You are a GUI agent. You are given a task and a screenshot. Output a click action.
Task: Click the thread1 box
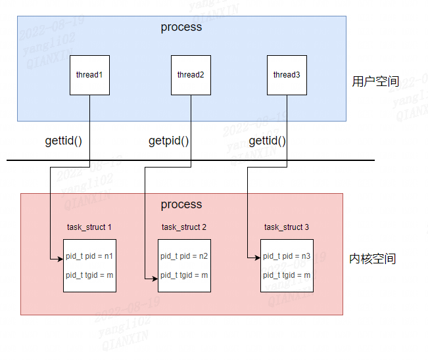[x=89, y=75]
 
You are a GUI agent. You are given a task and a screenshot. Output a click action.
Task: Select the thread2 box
[x=191, y=75]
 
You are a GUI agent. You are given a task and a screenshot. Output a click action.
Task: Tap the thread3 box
[x=287, y=75]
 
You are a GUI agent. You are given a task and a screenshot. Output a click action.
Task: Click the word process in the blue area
[x=181, y=27]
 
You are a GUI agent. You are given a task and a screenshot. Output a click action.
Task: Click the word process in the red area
[x=181, y=204]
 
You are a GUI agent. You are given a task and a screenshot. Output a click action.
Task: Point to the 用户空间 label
[x=375, y=81]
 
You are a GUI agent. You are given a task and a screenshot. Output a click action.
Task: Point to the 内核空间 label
[x=373, y=259]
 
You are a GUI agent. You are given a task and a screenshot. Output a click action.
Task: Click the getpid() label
[x=168, y=141]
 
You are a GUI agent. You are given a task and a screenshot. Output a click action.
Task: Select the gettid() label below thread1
[x=64, y=141]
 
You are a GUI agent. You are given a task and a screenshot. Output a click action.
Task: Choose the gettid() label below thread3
[x=268, y=141]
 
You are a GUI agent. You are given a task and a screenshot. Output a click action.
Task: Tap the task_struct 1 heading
[x=89, y=227]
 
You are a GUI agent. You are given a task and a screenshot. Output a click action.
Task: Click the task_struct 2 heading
[x=184, y=227]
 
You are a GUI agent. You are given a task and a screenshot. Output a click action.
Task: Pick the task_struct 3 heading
[x=287, y=227]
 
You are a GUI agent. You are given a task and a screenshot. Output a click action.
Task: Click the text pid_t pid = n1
[x=89, y=256]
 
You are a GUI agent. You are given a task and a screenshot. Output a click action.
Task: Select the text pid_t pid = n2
[x=184, y=256]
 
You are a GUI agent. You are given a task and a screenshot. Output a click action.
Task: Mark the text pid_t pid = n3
[x=287, y=256]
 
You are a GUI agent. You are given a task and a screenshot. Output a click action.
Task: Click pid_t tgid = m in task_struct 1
[x=89, y=275]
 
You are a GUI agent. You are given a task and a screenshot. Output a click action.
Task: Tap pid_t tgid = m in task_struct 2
[x=184, y=275]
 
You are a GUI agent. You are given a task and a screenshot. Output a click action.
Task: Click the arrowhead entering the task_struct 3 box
[x=257, y=259]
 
